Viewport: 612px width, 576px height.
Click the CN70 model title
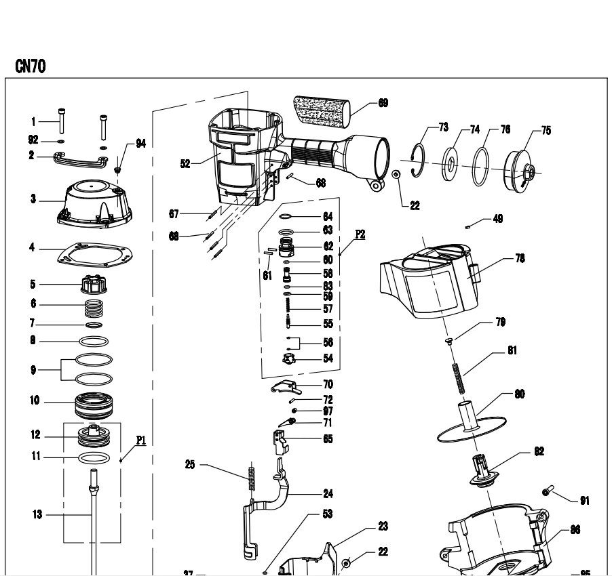[x=30, y=66]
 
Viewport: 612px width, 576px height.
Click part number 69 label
[x=383, y=103]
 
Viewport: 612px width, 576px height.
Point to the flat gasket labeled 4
[x=93, y=251]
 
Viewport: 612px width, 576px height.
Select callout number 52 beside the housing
[x=185, y=163]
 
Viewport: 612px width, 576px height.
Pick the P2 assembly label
[x=360, y=233]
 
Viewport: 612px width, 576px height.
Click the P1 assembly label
[x=140, y=439]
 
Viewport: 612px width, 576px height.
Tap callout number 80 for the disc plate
[x=519, y=394]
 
